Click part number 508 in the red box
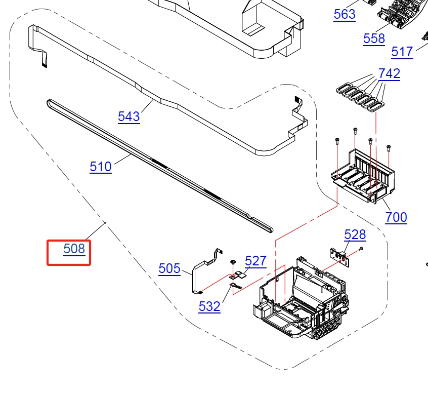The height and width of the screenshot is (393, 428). [74, 249]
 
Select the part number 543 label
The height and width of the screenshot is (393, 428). [129, 116]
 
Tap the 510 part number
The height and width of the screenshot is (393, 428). [101, 167]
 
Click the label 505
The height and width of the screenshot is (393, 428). [169, 268]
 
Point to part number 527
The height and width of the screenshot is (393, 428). [255, 261]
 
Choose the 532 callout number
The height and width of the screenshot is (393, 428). [209, 306]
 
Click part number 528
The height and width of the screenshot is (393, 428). [355, 234]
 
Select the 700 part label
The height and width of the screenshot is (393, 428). [396, 218]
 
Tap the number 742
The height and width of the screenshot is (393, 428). [389, 73]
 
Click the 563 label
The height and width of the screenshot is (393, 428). [345, 14]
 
